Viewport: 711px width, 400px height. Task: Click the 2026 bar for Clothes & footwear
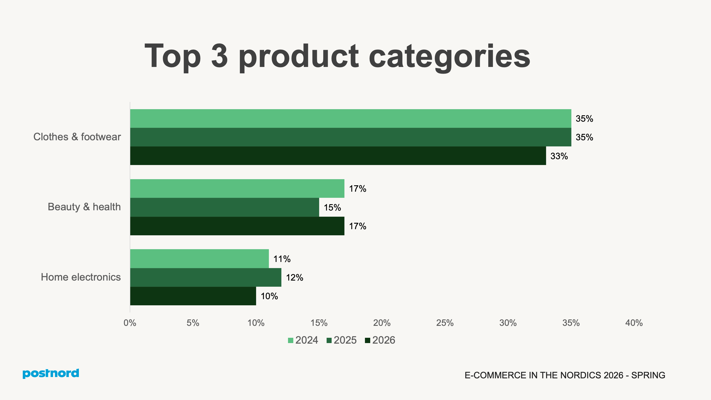pyautogui.click(x=338, y=156)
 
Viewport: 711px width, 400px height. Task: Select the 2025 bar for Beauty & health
pyautogui.click(x=224, y=207)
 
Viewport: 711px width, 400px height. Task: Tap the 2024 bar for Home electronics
pyautogui.click(x=199, y=259)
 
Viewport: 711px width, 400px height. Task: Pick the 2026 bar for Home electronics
pyautogui.click(x=193, y=296)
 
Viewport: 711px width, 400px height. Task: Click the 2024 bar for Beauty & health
pyautogui.click(x=237, y=189)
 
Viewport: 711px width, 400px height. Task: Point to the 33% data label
pyautogui.click(x=559, y=156)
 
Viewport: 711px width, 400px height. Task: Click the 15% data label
pyautogui.click(x=332, y=207)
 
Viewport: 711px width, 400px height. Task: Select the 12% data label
pyautogui.click(x=294, y=277)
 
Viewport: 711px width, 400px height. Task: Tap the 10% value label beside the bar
pyautogui.click(x=269, y=296)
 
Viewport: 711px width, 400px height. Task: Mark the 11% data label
pyautogui.click(x=282, y=259)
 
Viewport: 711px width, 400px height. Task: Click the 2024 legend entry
pyautogui.click(x=303, y=340)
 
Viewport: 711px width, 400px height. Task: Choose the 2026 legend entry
pyautogui.click(x=380, y=340)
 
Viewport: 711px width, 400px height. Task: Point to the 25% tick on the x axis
pyautogui.click(x=445, y=323)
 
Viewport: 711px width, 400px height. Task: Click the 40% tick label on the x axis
pyautogui.click(x=634, y=323)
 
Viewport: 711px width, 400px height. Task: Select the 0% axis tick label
pyautogui.click(x=130, y=323)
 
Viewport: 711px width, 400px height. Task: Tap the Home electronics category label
pyautogui.click(x=81, y=277)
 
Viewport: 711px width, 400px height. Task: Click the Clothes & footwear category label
pyautogui.click(x=77, y=137)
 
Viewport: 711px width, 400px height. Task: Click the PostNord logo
pyautogui.click(x=51, y=373)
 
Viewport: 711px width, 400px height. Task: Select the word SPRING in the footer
pyautogui.click(x=648, y=375)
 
